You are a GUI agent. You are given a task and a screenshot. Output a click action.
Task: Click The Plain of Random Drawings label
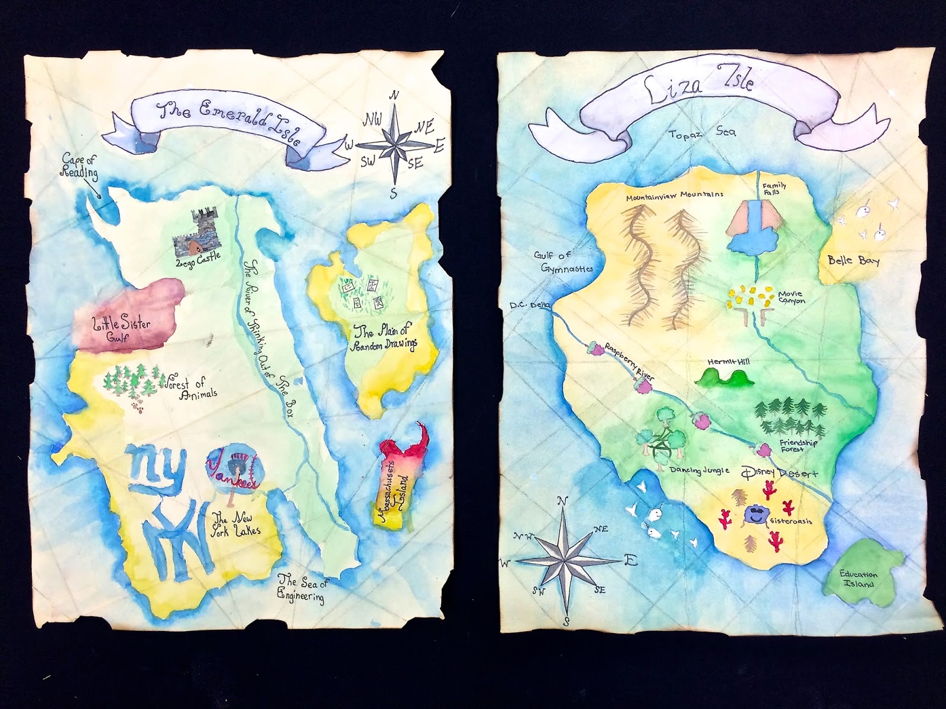coord(385,337)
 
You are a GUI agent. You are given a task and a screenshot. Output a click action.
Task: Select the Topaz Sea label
coord(702,133)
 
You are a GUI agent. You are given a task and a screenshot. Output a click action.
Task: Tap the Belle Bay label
coord(853,259)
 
